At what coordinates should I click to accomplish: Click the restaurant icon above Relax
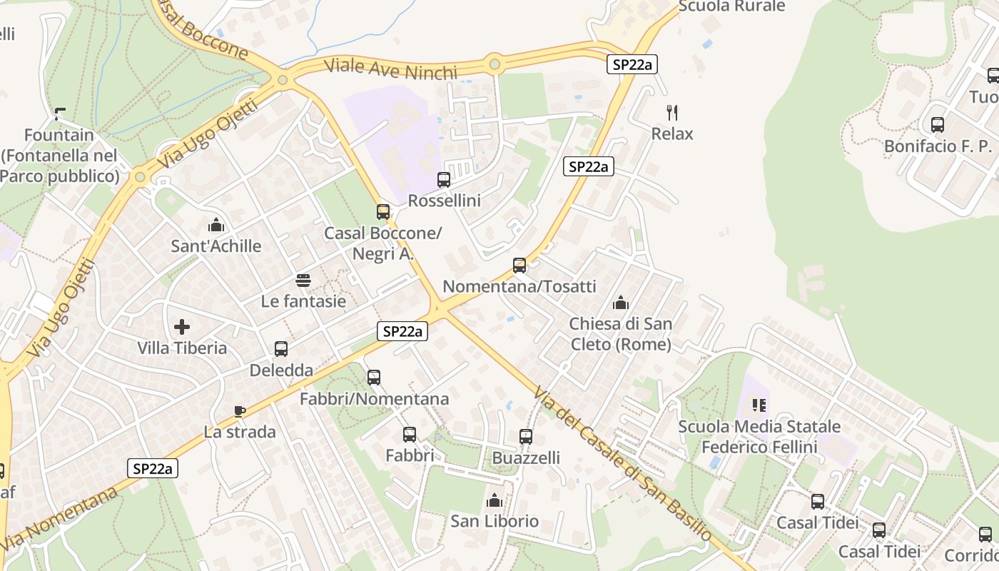click(671, 112)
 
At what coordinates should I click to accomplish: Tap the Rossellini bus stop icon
click(444, 180)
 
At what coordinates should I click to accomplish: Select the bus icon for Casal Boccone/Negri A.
click(383, 212)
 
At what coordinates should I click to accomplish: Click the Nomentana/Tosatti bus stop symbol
click(519, 266)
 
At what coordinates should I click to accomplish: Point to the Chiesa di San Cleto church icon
click(621, 303)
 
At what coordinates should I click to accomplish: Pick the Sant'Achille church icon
click(215, 226)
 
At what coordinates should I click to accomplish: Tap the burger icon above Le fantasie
click(303, 281)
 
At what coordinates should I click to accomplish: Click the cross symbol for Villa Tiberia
click(182, 327)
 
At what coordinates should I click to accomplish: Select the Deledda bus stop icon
click(281, 349)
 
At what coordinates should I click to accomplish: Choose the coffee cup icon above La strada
click(240, 411)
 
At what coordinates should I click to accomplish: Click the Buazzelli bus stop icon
click(526, 437)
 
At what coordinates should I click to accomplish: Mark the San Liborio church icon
click(494, 500)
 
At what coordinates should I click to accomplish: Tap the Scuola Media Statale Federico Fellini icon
click(759, 406)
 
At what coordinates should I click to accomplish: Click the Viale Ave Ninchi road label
click(390, 70)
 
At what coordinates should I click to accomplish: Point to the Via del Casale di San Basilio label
click(622, 465)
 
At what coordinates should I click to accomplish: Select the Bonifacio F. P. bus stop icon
click(938, 125)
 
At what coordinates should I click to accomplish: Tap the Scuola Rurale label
click(731, 6)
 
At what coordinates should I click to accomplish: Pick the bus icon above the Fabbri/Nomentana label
click(374, 378)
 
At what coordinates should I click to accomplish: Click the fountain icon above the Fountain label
click(60, 113)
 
